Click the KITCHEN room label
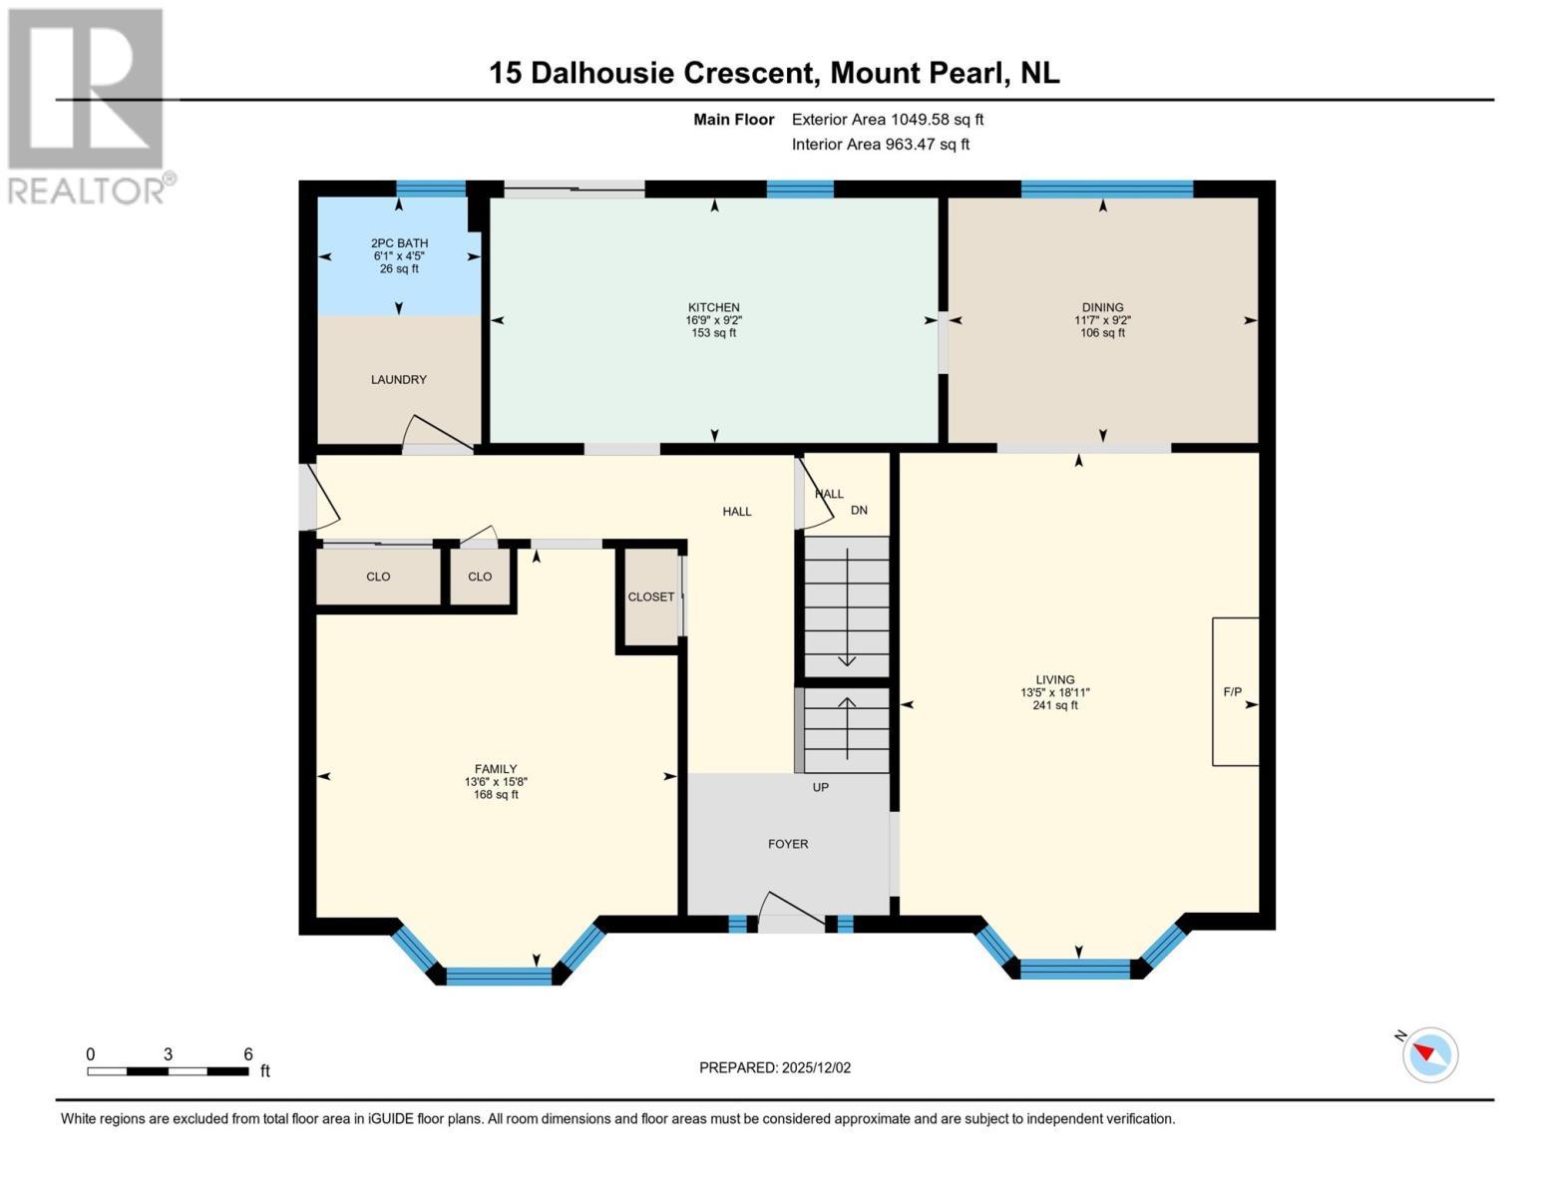[x=713, y=307]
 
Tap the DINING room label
[x=1102, y=307]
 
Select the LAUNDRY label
[x=399, y=380]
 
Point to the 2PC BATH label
[x=399, y=243]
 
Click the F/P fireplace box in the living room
[x=1235, y=692]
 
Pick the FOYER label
[x=788, y=844]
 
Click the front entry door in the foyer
[x=792, y=912]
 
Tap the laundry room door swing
[x=435, y=435]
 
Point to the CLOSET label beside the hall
[x=650, y=597]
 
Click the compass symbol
[x=1429, y=1054]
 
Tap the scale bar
[x=168, y=1071]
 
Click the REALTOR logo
[x=88, y=105]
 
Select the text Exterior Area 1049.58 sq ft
[x=887, y=120]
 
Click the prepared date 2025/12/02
[x=816, y=1067]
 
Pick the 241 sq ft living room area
[x=1054, y=705]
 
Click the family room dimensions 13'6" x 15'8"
[x=496, y=782]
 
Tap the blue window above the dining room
[x=1106, y=190]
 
